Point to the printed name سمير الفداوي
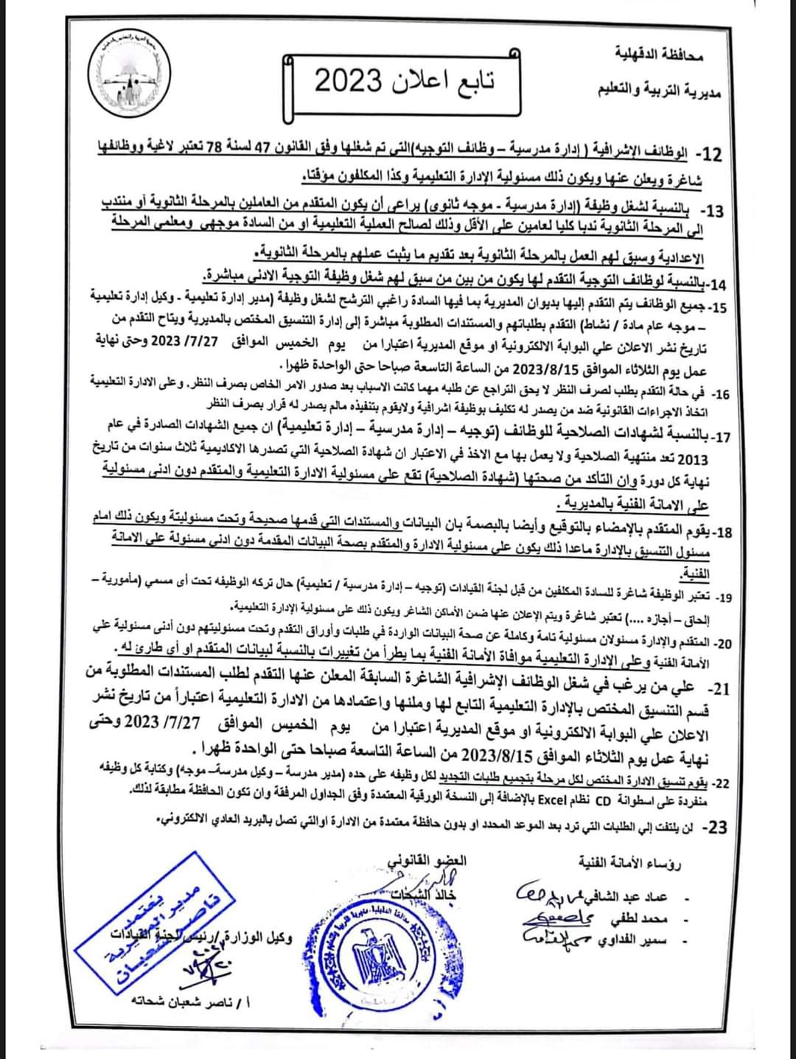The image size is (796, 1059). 639,940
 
